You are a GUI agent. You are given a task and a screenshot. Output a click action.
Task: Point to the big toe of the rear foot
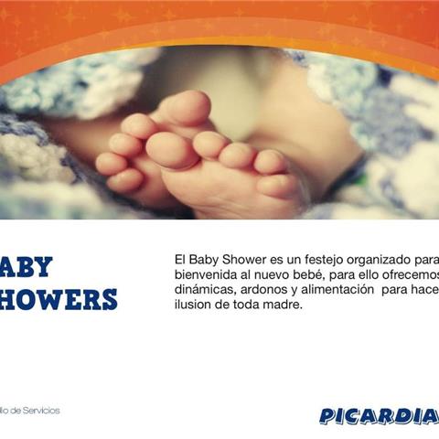click(x=188, y=108)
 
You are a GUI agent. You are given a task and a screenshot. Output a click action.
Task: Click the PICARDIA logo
click(x=378, y=416)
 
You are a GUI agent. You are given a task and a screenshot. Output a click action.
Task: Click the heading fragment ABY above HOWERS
click(x=27, y=267)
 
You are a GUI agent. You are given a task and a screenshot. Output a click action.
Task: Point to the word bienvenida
click(x=206, y=275)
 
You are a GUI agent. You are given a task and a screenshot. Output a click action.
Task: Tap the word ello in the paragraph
click(x=370, y=275)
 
